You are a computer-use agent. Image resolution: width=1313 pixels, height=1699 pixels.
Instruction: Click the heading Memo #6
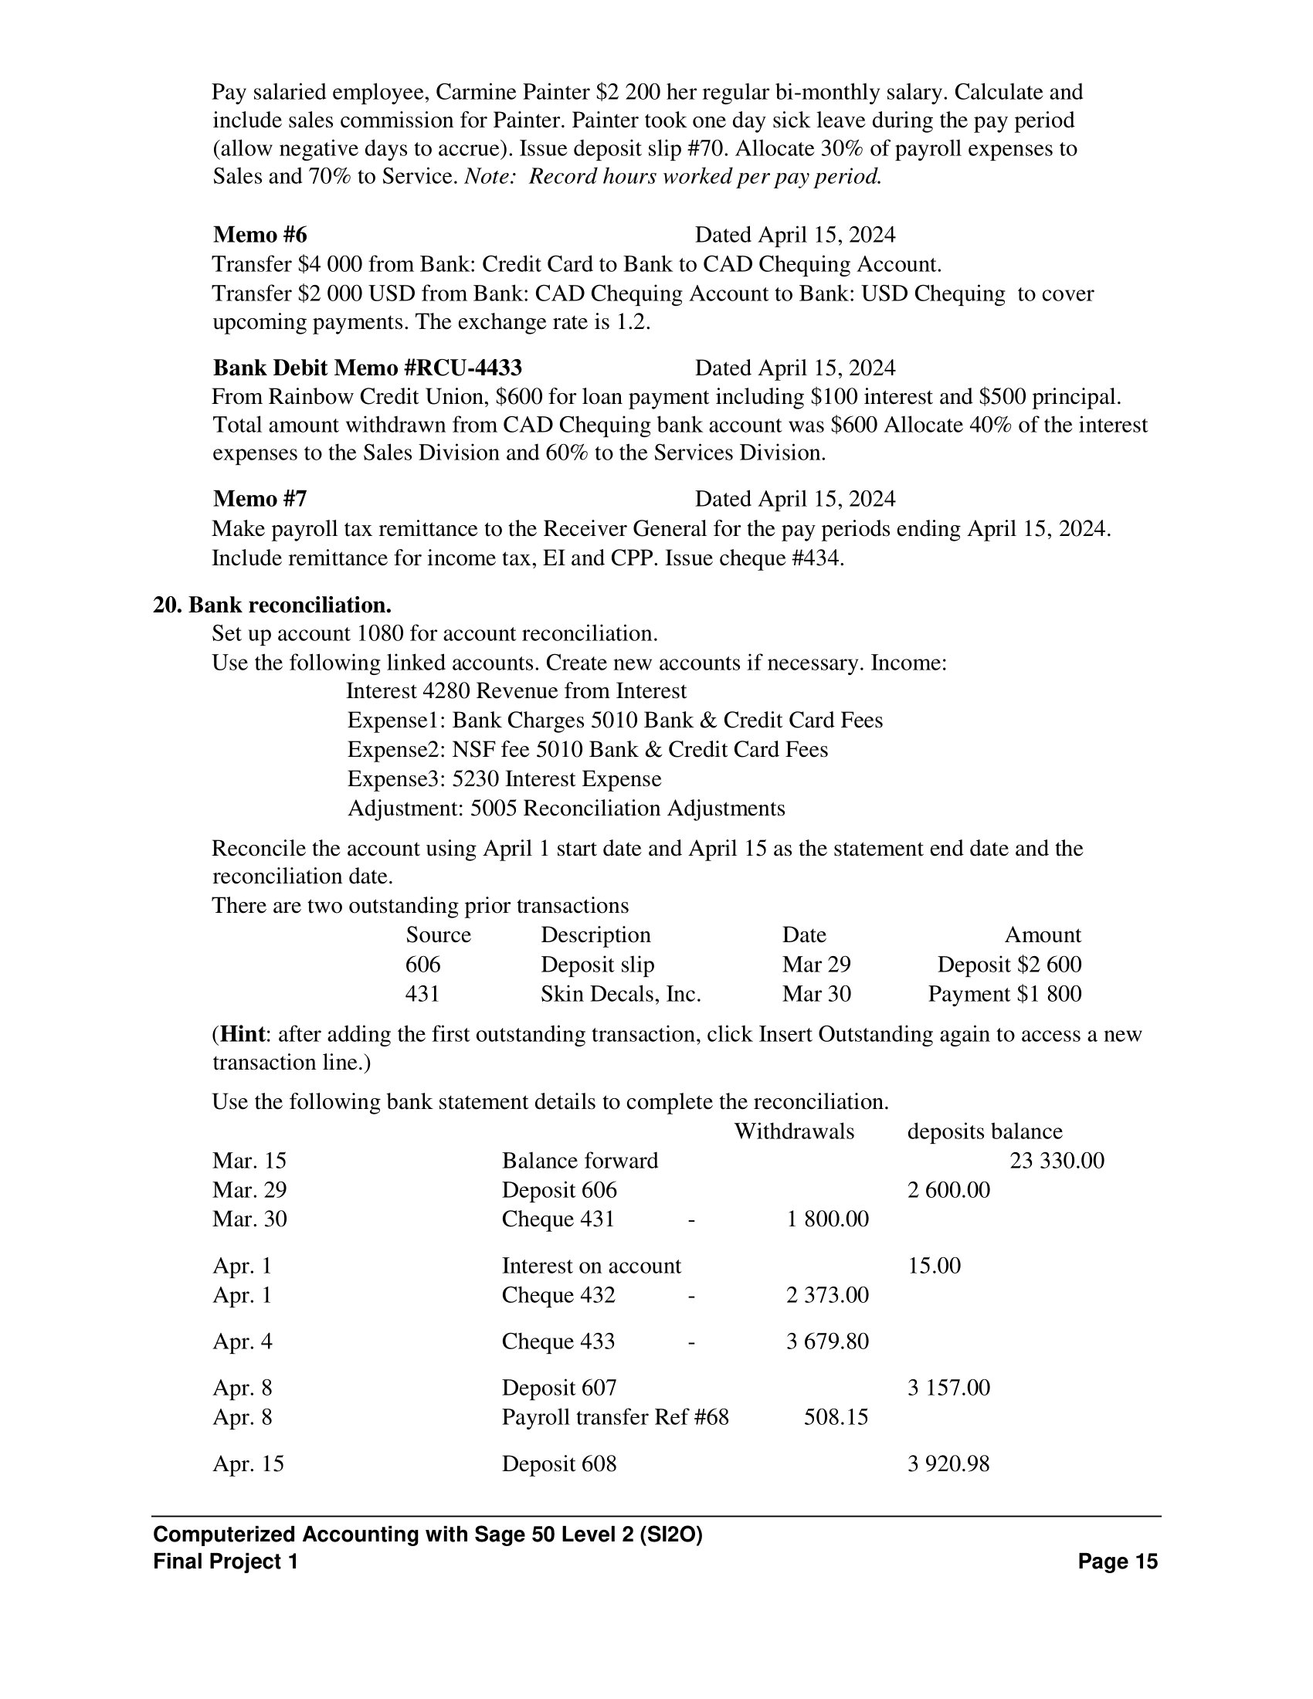point(260,235)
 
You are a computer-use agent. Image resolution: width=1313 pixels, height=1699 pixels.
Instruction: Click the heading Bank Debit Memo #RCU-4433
point(367,368)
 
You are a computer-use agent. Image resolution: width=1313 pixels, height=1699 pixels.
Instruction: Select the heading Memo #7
point(260,499)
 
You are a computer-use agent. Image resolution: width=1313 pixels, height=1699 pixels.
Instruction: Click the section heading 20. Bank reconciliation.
point(272,605)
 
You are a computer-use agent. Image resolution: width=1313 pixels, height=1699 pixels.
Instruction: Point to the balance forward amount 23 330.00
point(1057,1161)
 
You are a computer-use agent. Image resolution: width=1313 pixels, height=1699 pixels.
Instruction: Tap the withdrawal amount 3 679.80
point(827,1341)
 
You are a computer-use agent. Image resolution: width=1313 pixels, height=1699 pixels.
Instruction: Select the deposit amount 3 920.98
point(948,1464)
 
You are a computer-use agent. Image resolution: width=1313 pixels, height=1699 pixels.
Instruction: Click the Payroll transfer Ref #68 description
point(615,1417)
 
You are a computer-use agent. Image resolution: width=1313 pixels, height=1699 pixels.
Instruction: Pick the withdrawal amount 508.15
point(836,1417)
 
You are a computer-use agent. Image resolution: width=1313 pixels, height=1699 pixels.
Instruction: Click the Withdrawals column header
point(794,1131)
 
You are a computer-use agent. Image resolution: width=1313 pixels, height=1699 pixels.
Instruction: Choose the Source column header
point(438,935)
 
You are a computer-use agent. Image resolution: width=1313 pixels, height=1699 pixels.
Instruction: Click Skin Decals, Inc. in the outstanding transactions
point(621,994)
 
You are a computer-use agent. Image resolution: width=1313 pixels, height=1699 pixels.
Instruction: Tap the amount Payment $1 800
point(1004,994)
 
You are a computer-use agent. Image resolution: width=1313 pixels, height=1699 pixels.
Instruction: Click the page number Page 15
point(1118,1562)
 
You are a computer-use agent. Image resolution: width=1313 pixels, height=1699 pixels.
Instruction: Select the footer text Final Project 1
point(226,1562)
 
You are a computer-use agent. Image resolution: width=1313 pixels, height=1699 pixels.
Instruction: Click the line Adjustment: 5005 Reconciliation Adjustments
point(565,809)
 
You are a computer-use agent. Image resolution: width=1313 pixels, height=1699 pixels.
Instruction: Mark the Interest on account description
point(590,1266)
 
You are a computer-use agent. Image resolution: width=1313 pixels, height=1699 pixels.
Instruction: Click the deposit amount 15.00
point(934,1266)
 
